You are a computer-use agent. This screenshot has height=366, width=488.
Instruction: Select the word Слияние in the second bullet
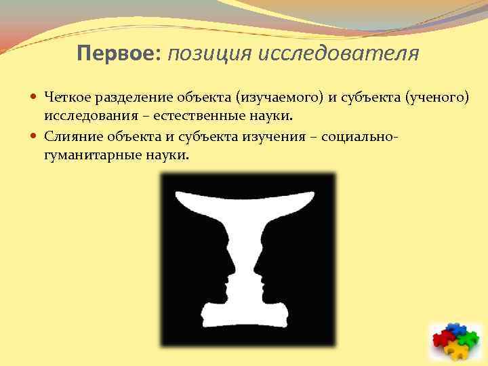coord(69,136)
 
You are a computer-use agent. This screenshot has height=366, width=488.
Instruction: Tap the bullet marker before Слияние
coord(35,136)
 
